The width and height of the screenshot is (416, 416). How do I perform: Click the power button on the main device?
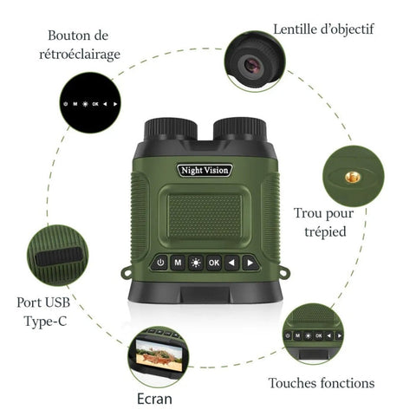coord(159,263)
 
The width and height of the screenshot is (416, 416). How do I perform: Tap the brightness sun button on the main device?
coord(196,263)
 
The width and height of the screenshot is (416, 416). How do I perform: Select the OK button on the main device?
coord(214,263)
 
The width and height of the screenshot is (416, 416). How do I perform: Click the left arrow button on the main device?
coord(232,263)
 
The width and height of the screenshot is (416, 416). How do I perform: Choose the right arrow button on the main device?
coord(250,263)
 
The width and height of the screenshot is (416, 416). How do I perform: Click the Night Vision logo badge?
coord(205,170)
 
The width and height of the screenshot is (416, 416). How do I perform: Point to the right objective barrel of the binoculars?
coord(239,129)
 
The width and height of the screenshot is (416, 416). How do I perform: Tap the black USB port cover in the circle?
coord(59,257)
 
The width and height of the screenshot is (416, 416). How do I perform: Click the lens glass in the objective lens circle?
coord(252,64)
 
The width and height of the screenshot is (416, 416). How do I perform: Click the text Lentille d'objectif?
coord(323,29)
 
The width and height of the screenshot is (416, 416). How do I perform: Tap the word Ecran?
coord(154,399)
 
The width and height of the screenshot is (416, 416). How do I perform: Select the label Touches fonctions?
coord(322,383)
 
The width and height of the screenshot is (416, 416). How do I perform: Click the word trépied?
coord(325,231)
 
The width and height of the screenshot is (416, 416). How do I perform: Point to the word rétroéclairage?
coord(80,55)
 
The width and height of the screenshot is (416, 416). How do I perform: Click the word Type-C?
coord(45,322)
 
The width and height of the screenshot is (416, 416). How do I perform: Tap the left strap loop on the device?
coord(126,273)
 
